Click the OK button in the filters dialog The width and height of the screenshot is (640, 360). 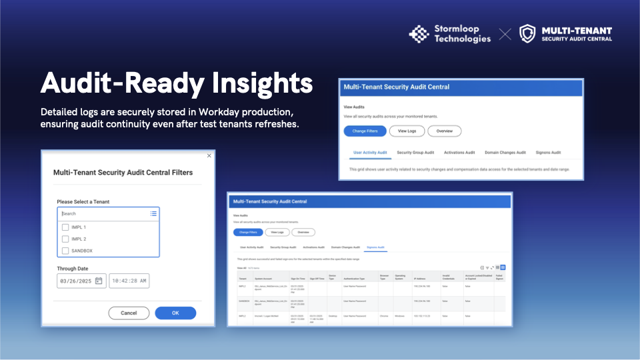click(175, 313)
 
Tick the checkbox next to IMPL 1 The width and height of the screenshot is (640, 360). click(65, 227)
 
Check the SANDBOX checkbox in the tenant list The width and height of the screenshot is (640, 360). click(65, 251)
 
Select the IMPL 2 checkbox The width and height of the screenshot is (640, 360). click(65, 239)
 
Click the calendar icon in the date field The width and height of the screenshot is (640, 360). click(99, 281)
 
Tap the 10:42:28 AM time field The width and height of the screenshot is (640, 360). click(129, 281)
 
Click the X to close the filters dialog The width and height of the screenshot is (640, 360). click(209, 155)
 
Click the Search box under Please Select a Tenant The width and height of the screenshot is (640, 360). click(103, 214)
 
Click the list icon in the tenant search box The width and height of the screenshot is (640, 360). click(153, 214)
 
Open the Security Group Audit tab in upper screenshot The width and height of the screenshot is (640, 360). click(415, 153)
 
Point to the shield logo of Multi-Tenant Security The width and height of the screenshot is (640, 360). click(527, 34)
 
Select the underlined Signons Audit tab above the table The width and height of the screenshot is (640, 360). click(376, 247)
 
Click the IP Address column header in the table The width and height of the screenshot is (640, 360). click(421, 277)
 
